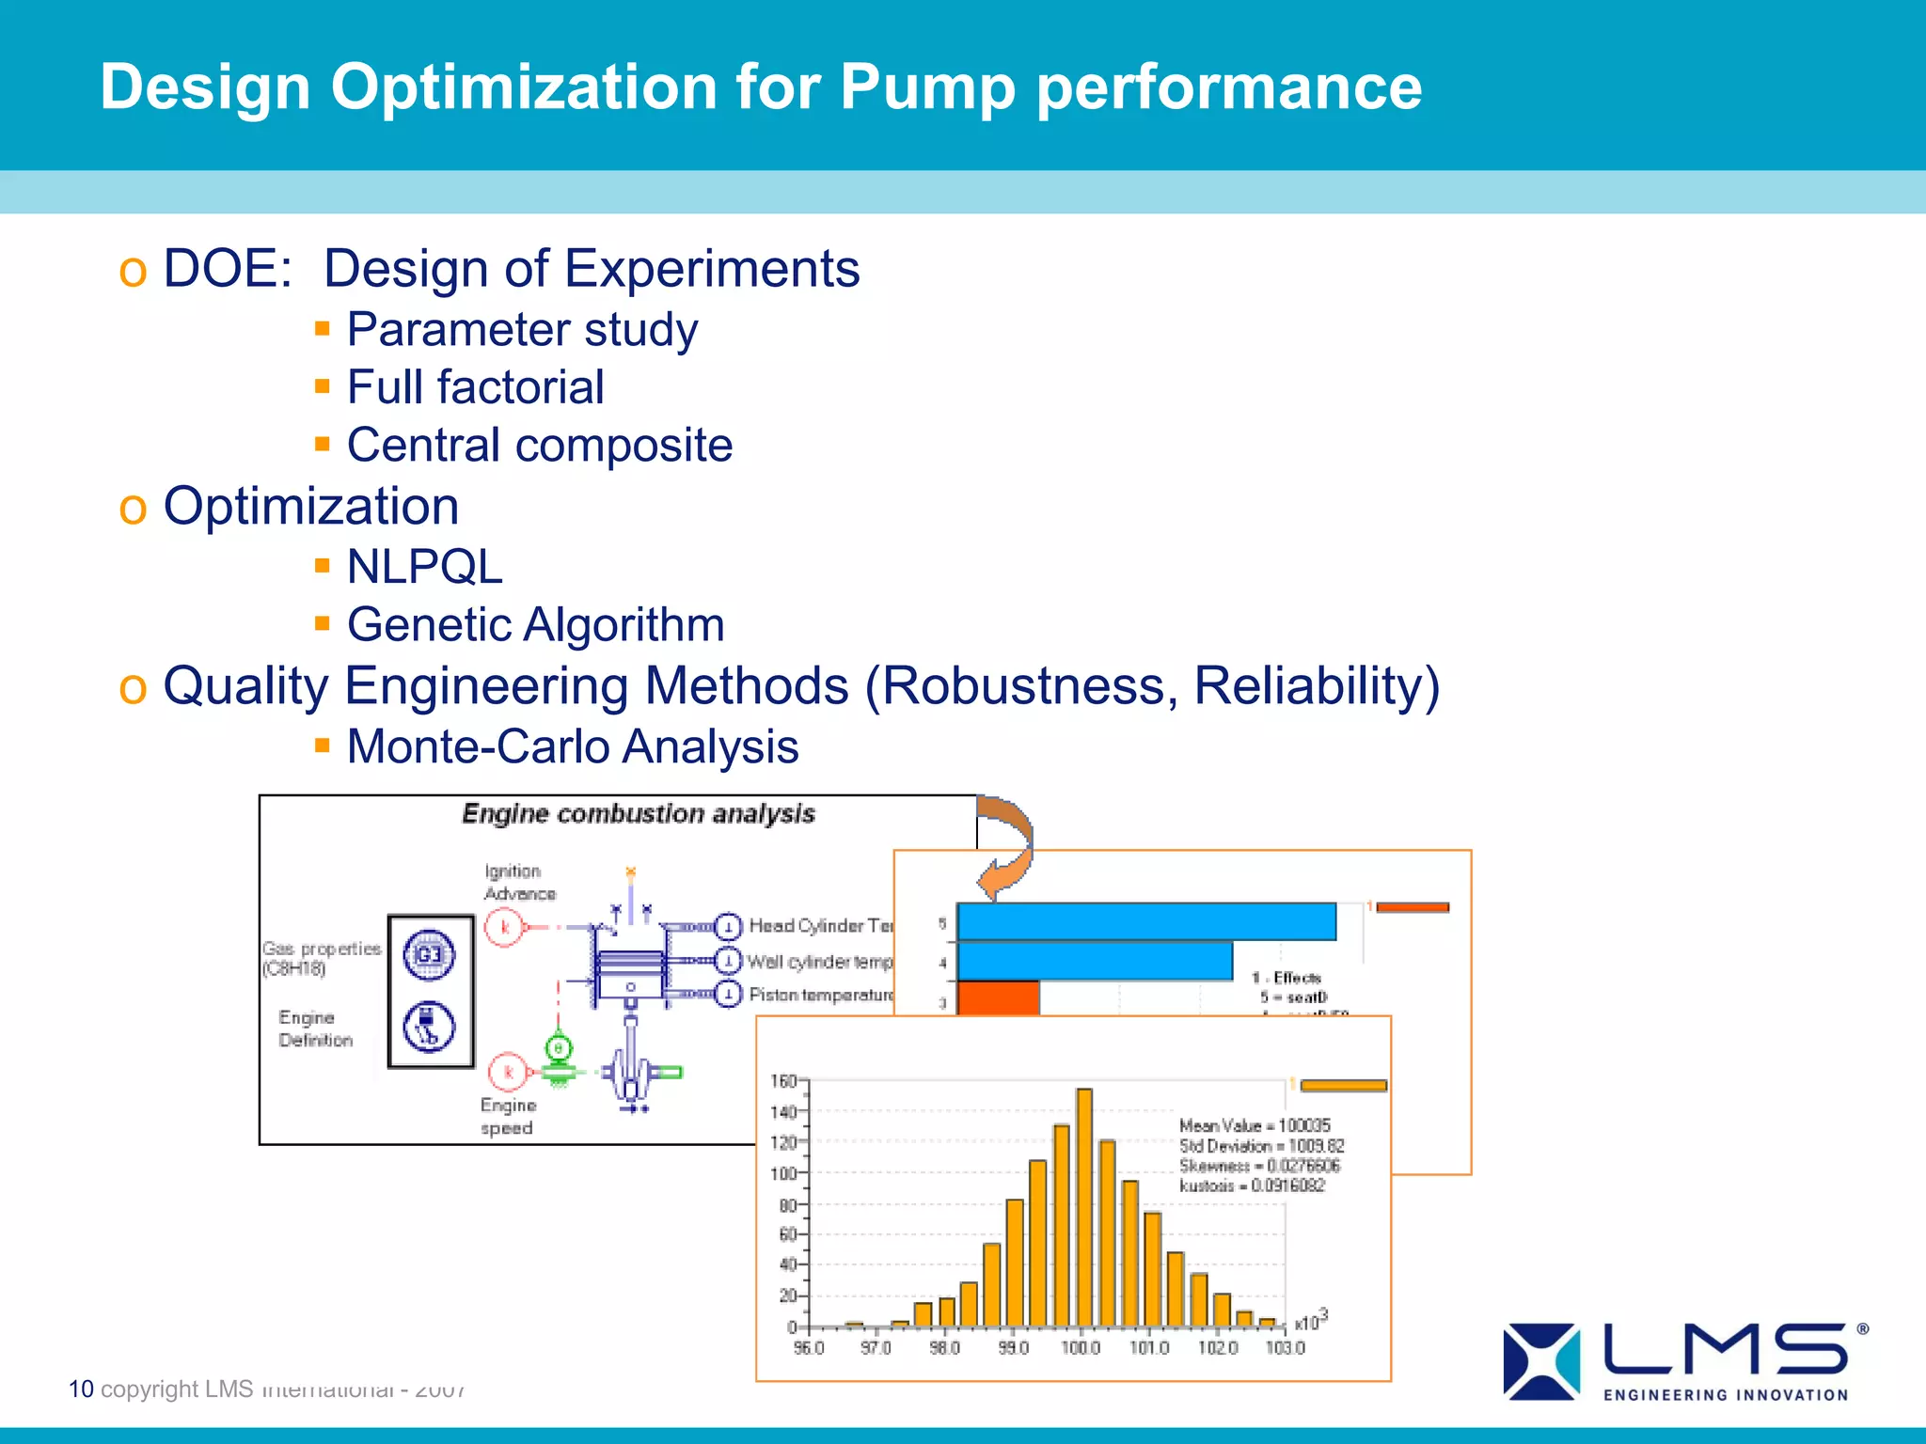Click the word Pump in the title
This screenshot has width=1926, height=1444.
[x=926, y=87]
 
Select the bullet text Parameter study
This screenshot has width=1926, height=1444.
[x=522, y=330]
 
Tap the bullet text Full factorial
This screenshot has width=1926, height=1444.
[x=475, y=387]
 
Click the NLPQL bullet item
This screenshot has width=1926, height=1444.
[x=424, y=567]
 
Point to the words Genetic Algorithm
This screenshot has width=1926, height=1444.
[x=535, y=625]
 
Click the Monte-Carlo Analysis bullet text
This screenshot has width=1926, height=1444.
[x=572, y=747]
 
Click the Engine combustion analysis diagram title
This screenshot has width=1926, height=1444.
[x=638, y=814]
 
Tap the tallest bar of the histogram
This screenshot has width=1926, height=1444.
[x=1083, y=1208]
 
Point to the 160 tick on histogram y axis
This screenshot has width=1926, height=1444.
[x=782, y=1081]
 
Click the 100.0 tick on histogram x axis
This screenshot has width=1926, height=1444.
[x=1081, y=1348]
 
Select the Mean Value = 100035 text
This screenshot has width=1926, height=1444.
[x=1255, y=1125]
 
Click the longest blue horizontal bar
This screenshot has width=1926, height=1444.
[x=1145, y=921]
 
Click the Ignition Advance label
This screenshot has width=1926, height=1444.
[x=519, y=883]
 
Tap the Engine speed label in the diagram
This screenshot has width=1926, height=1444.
[x=508, y=1117]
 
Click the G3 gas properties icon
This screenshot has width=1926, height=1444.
[x=429, y=955]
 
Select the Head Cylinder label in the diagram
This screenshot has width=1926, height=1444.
[x=818, y=926]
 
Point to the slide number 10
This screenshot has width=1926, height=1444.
[x=81, y=1389]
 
